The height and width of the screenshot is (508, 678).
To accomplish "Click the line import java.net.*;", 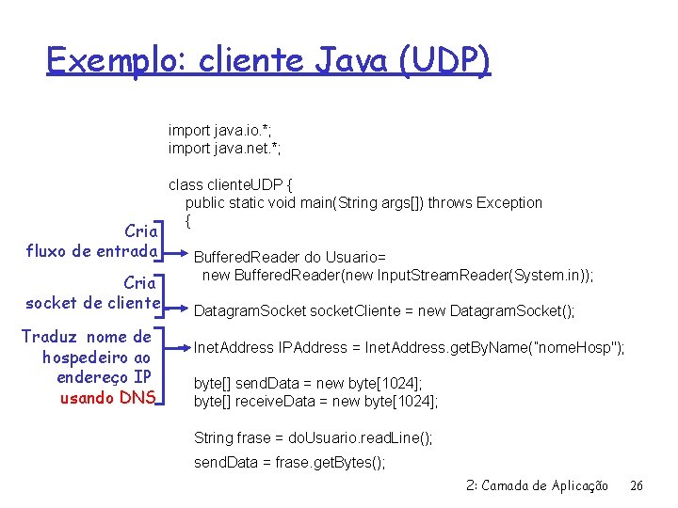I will click(225, 149).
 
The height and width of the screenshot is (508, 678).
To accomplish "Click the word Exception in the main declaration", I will click(509, 202).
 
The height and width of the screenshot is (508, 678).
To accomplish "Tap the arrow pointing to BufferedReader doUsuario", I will click(176, 254).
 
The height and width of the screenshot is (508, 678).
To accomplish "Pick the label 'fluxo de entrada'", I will click(91, 251).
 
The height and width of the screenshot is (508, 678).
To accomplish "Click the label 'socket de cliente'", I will click(92, 302).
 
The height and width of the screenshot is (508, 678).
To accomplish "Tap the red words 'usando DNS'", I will click(106, 397).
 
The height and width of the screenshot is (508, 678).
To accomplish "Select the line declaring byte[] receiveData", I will click(316, 402).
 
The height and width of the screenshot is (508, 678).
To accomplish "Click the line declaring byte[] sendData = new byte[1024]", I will click(308, 384).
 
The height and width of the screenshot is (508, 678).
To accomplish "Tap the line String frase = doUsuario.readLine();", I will click(314, 437).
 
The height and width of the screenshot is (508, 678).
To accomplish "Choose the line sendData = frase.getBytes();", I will click(289, 463).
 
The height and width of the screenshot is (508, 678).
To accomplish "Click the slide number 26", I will click(637, 486).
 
